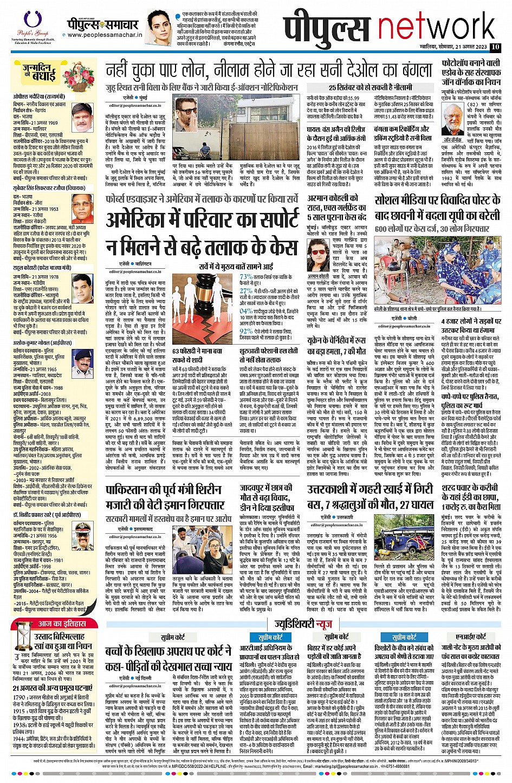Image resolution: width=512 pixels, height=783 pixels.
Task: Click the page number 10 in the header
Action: tap(495, 47)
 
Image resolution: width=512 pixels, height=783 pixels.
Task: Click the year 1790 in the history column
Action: tap(20, 697)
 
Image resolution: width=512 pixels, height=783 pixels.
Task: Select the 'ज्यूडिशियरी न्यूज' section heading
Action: tap(303, 624)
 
